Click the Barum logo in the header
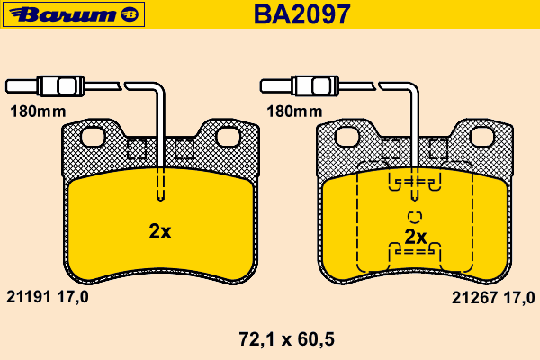pos(74,14)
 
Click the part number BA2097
pos(302,14)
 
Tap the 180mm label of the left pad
pos(38,112)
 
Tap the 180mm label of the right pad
pos(294,112)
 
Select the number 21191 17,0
pos(48,297)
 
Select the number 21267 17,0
pos(493,298)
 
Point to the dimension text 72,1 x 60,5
pos(286,339)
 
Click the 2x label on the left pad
pos(160,231)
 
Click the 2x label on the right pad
pos(416,237)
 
